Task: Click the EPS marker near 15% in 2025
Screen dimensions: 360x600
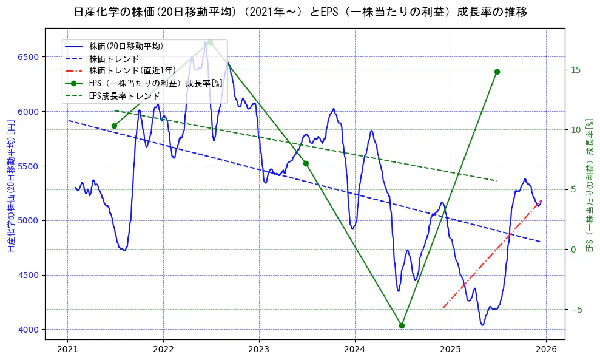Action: coord(497,72)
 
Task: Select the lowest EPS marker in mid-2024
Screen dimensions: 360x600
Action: coord(402,325)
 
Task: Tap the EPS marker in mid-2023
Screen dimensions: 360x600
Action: coord(306,163)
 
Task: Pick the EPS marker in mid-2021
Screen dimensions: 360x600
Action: coord(114,126)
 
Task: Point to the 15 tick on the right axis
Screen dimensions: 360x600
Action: coord(576,70)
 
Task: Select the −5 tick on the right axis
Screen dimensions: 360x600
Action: coord(576,310)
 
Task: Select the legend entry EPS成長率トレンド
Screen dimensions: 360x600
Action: coord(124,95)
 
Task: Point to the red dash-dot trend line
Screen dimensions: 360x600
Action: coord(491,255)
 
